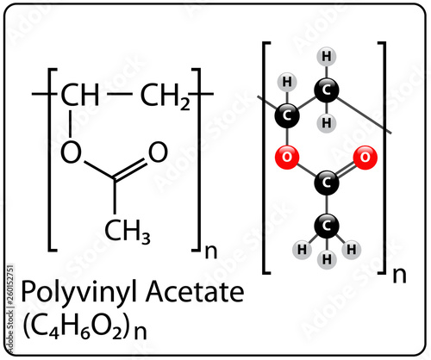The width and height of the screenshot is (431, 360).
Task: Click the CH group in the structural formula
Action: pos(80,95)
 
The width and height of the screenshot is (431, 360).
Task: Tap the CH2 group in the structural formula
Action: pos(166,96)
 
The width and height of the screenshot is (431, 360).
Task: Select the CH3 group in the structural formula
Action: pos(128,232)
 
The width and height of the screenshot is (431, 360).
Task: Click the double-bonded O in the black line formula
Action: pos(158,152)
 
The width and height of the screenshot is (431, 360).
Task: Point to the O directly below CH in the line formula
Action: pos(71,152)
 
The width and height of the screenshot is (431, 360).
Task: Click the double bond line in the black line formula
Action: pos(130,170)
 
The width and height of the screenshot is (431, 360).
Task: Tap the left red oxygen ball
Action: pos(287,157)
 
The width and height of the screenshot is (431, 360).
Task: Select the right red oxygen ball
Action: pos(365,157)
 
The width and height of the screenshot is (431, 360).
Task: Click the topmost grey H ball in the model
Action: pos(326,57)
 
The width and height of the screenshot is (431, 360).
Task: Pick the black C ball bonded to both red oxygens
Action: pos(326,183)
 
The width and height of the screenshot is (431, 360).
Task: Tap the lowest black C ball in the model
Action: pos(326,226)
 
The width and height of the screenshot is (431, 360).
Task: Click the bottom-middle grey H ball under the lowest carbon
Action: pos(327,259)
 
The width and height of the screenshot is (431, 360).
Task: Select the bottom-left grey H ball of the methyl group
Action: pos(302,249)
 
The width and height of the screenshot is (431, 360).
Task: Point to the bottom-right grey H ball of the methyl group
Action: pos(352,249)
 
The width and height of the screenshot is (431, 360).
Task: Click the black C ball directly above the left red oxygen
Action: pos(287,115)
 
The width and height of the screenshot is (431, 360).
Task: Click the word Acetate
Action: pos(195,291)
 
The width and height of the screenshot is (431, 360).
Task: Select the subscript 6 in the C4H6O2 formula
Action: pos(85,333)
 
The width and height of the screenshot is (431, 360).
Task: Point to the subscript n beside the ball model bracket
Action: pos(399,275)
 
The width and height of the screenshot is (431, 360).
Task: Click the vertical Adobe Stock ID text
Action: pos(10,307)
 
